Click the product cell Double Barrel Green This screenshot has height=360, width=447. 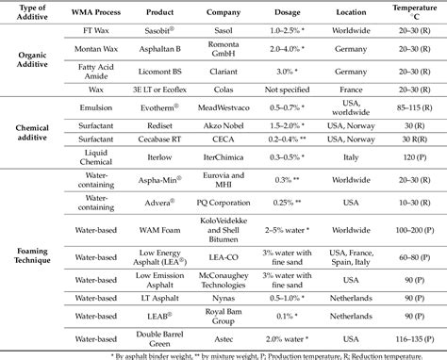point(161,338)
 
